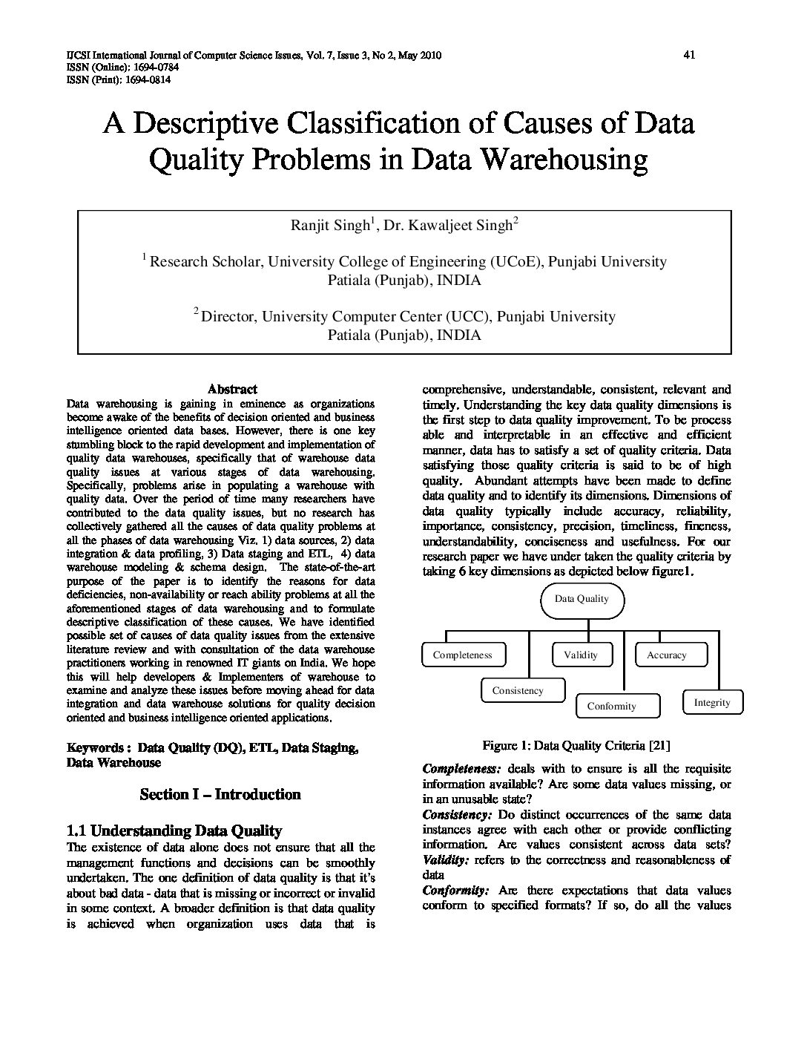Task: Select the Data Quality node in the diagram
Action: tap(582, 599)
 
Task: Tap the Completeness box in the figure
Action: tap(462, 655)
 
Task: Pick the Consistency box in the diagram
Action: tap(518, 690)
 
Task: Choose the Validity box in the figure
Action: tap(580, 655)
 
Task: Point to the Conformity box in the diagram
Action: tap(611, 706)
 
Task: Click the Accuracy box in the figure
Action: tap(667, 655)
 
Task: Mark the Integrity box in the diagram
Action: tap(711, 702)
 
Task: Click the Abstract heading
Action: tap(232, 389)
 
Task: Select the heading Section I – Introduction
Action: tap(220, 794)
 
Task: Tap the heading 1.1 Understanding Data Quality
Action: tap(174, 831)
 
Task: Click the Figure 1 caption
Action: tap(576, 745)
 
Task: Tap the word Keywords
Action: tap(95, 748)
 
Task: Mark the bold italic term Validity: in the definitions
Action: tap(445, 860)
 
